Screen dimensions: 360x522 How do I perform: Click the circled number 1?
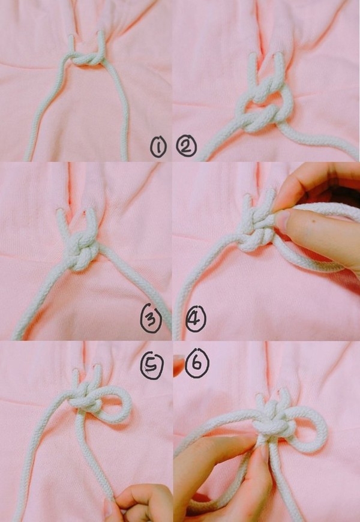click(158, 148)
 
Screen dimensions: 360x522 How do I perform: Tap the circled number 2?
click(187, 146)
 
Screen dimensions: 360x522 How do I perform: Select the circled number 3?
click(151, 319)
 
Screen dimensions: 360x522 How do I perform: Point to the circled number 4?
click(196, 319)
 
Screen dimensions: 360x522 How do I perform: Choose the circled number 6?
click(197, 363)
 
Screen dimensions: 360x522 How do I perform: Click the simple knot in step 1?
click(86, 59)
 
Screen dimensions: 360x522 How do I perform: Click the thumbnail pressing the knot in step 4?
click(283, 220)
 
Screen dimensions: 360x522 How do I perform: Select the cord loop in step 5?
click(114, 404)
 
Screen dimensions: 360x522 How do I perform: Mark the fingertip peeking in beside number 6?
click(178, 365)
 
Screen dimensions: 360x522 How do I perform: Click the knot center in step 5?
click(86, 398)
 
